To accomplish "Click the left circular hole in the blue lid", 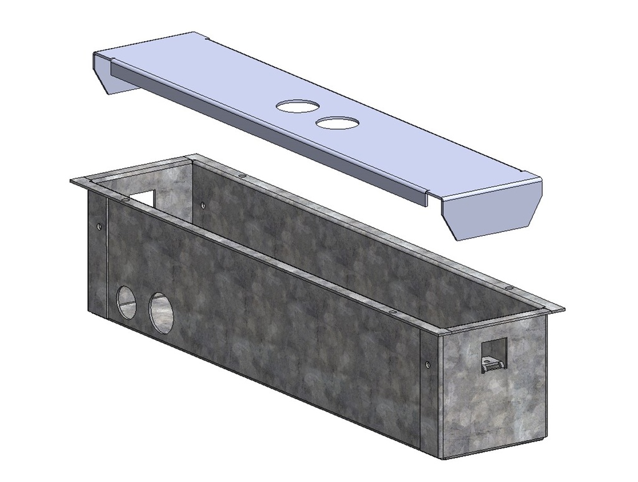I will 297,107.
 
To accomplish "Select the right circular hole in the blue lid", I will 336,123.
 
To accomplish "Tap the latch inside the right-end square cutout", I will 492,364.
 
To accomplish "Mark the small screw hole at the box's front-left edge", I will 98,225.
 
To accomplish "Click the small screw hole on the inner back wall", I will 204,204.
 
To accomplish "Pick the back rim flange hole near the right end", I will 509,287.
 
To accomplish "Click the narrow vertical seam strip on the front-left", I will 107,262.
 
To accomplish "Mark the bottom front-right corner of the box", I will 443,458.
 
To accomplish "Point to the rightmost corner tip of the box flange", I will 563,309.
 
